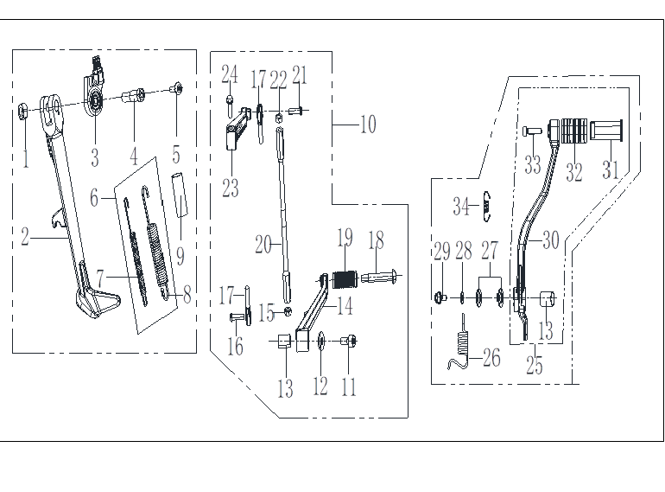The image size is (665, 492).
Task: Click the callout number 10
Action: pos(368,125)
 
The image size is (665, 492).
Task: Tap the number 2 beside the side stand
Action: pos(25,237)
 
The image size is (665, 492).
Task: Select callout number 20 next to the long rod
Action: pos(263,246)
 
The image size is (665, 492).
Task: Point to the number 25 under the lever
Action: pos(535,365)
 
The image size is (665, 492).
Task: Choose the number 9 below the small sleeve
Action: pos(180,257)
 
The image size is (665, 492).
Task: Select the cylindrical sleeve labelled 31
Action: pos(610,134)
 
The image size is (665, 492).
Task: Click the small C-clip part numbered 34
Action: pos(487,207)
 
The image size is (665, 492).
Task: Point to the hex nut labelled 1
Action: pos(23,110)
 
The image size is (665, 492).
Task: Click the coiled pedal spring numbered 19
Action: pos(345,280)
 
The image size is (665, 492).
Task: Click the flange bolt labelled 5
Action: pos(176,87)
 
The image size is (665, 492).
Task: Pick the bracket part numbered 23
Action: pos(232,136)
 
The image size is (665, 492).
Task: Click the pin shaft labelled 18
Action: pos(378,278)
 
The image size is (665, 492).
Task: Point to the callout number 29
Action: pos(441,252)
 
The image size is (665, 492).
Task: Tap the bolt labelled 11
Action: pos(351,342)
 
